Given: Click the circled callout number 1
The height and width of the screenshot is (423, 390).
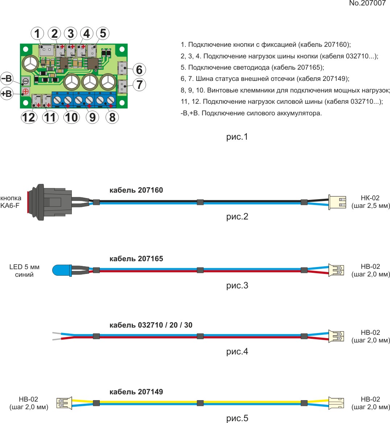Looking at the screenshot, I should pos(37,34).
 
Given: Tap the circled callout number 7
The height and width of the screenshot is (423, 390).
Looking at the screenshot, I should pos(139,85).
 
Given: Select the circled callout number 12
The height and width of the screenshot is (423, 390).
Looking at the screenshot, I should pos(29,117).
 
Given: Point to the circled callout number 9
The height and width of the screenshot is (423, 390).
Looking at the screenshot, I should pos(92,117).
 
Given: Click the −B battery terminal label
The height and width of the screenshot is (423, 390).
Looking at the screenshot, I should pos(7,78).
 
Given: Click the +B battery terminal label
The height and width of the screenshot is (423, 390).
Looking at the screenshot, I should pos(7,94).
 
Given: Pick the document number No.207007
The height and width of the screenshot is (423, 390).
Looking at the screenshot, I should pos(367,4).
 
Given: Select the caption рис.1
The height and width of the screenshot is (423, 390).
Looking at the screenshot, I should pos(237,137).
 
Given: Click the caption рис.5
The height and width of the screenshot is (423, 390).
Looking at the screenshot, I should pos(237,418).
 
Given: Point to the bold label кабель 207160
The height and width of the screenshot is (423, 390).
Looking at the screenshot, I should pos(136,190).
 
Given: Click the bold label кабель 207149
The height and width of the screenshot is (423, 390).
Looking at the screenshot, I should pos(136,392).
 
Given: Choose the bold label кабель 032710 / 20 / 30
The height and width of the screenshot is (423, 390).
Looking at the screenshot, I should pos(151,325).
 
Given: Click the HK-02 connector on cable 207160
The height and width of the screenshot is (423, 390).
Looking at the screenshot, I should pos(337,202).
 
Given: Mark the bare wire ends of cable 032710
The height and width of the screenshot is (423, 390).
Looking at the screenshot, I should pos(57,336).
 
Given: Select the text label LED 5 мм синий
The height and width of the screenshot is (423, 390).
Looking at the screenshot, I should pos(24,271).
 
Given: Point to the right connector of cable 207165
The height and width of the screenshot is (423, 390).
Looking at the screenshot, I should pos(336,270).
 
